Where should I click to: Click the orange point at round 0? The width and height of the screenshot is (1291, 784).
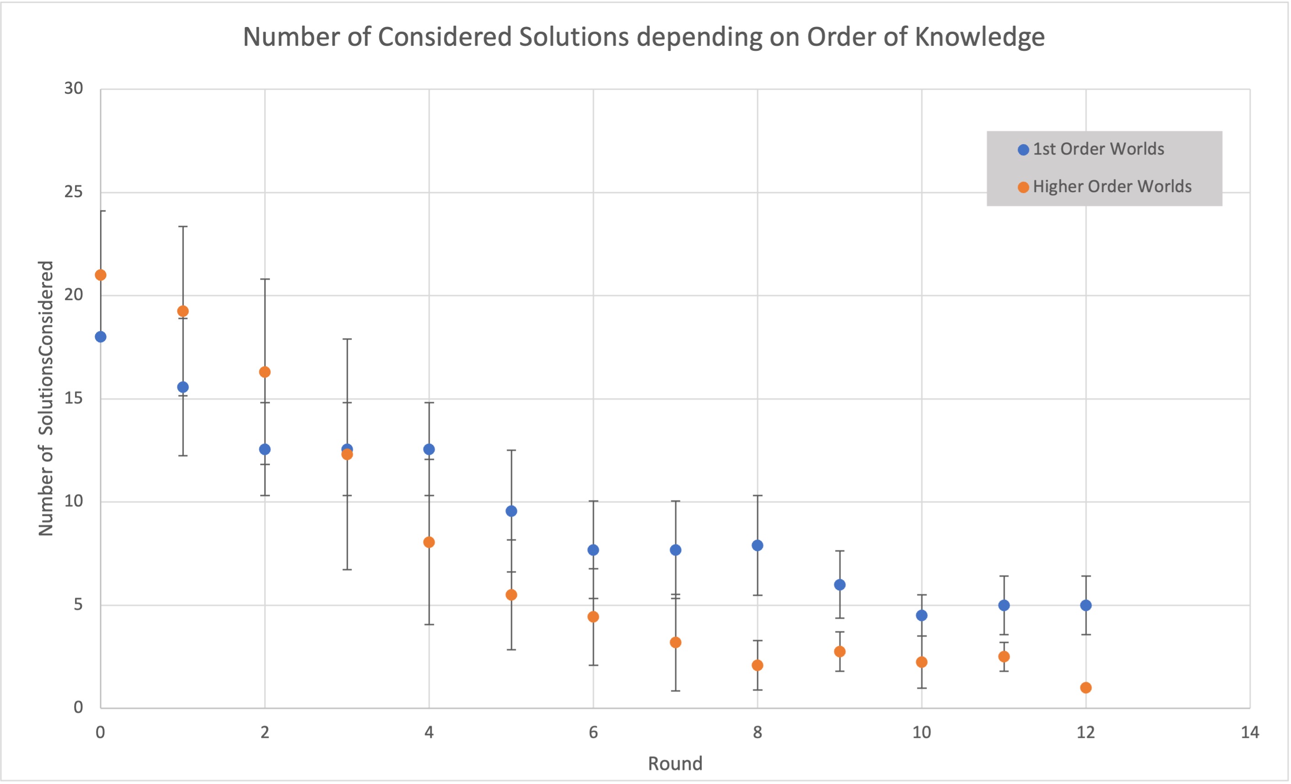click(x=101, y=275)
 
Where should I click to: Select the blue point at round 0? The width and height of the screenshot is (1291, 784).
click(x=101, y=337)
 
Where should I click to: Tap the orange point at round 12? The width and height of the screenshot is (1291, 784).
click(x=1086, y=687)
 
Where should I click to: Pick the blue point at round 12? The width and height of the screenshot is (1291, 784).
click(x=1086, y=605)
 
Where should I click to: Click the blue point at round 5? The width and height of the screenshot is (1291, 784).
click(x=511, y=511)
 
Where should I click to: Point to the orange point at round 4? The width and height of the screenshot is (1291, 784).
click(x=429, y=542)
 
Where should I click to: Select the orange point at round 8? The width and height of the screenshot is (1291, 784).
click(x=757, y=666)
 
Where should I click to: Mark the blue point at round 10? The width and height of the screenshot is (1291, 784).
click(x=921, y=615)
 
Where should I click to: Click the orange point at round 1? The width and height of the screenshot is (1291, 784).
click(x=183, y=311)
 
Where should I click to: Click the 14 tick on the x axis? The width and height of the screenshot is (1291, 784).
click(x=1249, y=732)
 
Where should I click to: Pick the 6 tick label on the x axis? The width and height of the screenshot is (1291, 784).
click(x=593, y=732)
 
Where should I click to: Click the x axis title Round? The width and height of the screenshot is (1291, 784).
click(x=675, y=763)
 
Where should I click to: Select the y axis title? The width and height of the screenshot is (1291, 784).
click(x=46, y=398)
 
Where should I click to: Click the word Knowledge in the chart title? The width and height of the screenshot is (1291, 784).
click(x=980, y=37)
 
